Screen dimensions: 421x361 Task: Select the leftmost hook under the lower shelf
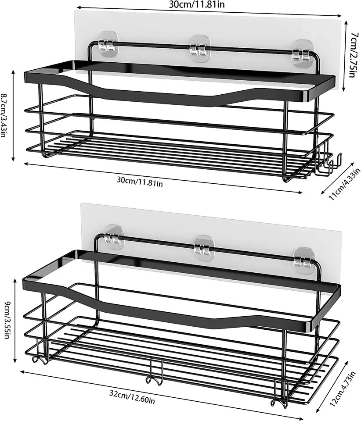click(38, 356)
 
